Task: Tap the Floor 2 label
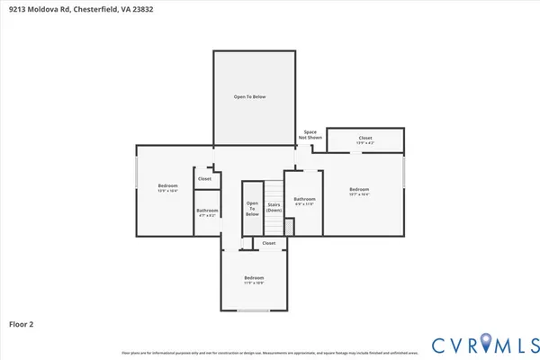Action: click(22, 322)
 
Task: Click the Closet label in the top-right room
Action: click(364, 139)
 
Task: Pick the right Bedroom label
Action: click(359, 191)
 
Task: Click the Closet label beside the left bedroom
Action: click(205, 179)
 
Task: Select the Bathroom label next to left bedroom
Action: click(207, 212)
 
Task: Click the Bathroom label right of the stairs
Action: click(304, 201)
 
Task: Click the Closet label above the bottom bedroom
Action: click(268, 243)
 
